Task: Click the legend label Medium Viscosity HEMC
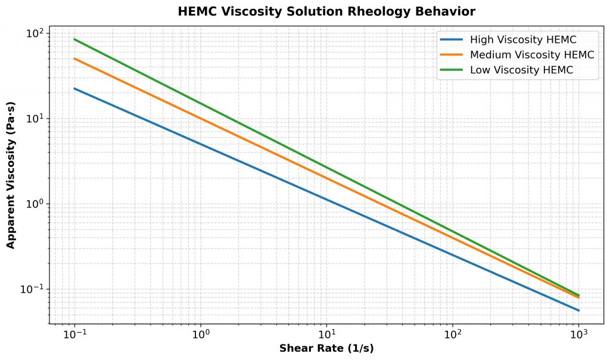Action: tap(532, 55)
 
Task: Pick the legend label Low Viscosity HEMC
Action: tap(521, 70)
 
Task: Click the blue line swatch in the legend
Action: tap(452, 40)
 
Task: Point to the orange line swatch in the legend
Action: tap(452, 55)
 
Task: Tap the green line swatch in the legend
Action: tap(452, 70)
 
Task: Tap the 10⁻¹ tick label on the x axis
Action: tap(74, 335)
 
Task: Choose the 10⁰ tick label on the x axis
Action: tap(200, 335)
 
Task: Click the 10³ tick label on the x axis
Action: tap(578, 335)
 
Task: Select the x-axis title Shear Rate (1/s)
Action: tap(326, 349)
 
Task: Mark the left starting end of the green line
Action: tap(74, 39)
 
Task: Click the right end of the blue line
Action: tap(578, 311)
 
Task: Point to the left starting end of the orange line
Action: tap(74, 58)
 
